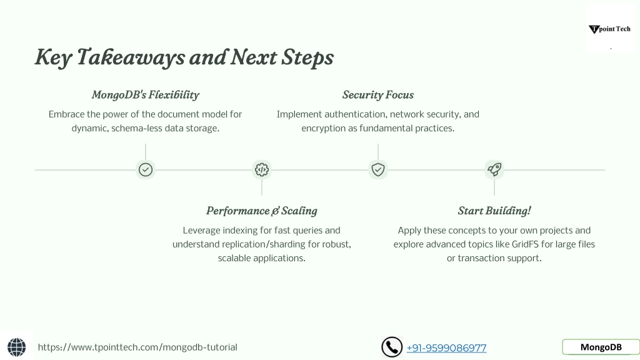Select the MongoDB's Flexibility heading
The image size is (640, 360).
point(145,95)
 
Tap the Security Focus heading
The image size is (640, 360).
point(378,95)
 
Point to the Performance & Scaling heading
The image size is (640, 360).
point(262,211)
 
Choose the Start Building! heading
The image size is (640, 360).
point(494,211)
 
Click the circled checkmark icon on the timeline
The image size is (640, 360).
point(146,170)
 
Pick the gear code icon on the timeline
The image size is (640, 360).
point(262,170)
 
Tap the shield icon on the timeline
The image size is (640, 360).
point(378,170)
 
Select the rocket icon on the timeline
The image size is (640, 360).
point(494,169)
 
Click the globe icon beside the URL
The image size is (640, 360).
point(17,347)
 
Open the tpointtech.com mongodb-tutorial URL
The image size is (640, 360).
point(137,347)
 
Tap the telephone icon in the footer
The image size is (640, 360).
point(392,347)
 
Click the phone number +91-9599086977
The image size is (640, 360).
point(446,348)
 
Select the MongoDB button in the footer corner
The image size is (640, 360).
point(601,347)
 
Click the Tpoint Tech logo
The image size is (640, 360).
point(610,29)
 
